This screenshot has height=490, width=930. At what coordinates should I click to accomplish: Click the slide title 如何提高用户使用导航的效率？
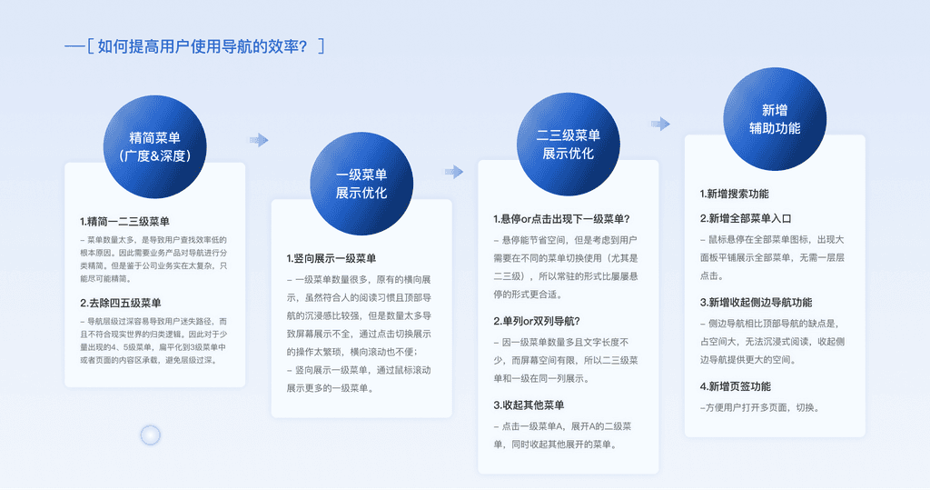pyautogui.click(x=201, y=45)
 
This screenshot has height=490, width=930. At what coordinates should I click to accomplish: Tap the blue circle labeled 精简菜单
pyautogui.click(x=154, y=146)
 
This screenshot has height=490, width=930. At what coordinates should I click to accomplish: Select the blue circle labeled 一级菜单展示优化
pyautogui.click(x=361, y=183)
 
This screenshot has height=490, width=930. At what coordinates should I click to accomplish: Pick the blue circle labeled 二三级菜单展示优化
pyautogui.click(x=569, y=144)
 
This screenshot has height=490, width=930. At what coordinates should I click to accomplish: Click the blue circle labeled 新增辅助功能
pyautogui.click(x=775, y=118)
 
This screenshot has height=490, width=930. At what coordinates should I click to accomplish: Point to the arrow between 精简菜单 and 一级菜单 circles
pyautogui.click(x=259, y=140)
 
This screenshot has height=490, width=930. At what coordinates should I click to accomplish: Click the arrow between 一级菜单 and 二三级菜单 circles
pyautogui.click(x=454, y=172)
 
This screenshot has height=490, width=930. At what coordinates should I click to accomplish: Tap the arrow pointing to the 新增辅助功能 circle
pyautogui.click(x=661, y=124)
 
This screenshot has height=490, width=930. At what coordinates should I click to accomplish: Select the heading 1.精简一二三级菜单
pyautogui.click(x=124, y=221)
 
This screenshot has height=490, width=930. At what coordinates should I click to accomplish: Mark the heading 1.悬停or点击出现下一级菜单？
pyautogui.click(x=561, y=219)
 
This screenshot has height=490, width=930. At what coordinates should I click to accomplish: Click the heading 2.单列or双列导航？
pyautogui.click(x=537, y=321)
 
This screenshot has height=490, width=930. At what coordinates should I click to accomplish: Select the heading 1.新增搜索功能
pyautogui.click(x=734, y=194)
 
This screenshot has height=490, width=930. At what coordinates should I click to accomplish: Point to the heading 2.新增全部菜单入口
pyautogui.click(x=746, y=218)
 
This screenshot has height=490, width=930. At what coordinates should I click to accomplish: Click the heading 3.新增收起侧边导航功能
pyautogui.click(x=756, y=302)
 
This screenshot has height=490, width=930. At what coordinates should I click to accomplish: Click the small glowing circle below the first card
pyautogui.click(x=151, y=435)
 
